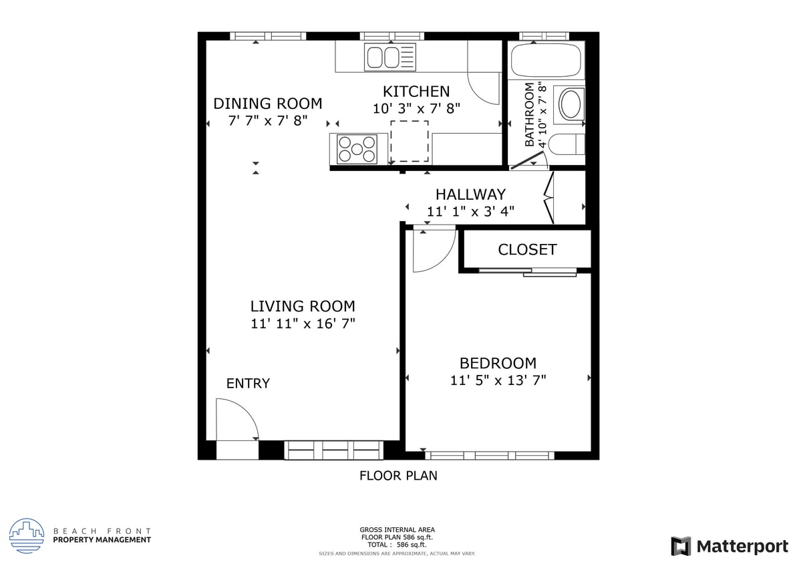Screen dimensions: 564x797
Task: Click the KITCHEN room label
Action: coord(416,92)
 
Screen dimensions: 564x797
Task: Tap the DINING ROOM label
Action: coord(267,104)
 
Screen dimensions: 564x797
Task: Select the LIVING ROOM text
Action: coord(303,307)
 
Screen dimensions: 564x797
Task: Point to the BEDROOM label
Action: coord(498,364)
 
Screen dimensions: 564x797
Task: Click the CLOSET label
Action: coord(527,250)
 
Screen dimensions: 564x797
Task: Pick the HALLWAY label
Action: coord(470,194)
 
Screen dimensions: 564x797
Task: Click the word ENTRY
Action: coord(248,384)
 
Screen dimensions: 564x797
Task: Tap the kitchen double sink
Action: coord(389,57)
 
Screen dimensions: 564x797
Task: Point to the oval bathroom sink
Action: coord(571,104)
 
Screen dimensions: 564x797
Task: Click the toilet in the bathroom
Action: coord(567,144)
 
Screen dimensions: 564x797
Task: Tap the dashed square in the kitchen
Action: coord(410,142)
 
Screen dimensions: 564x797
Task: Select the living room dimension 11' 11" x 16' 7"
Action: coord(303,324)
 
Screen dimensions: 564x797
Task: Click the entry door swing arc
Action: coord(237,418)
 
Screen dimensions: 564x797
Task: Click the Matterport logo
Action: coord(730,546)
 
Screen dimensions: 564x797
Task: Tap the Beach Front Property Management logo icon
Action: coord(27,535)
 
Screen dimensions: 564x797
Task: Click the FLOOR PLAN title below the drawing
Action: coord(398,476)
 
